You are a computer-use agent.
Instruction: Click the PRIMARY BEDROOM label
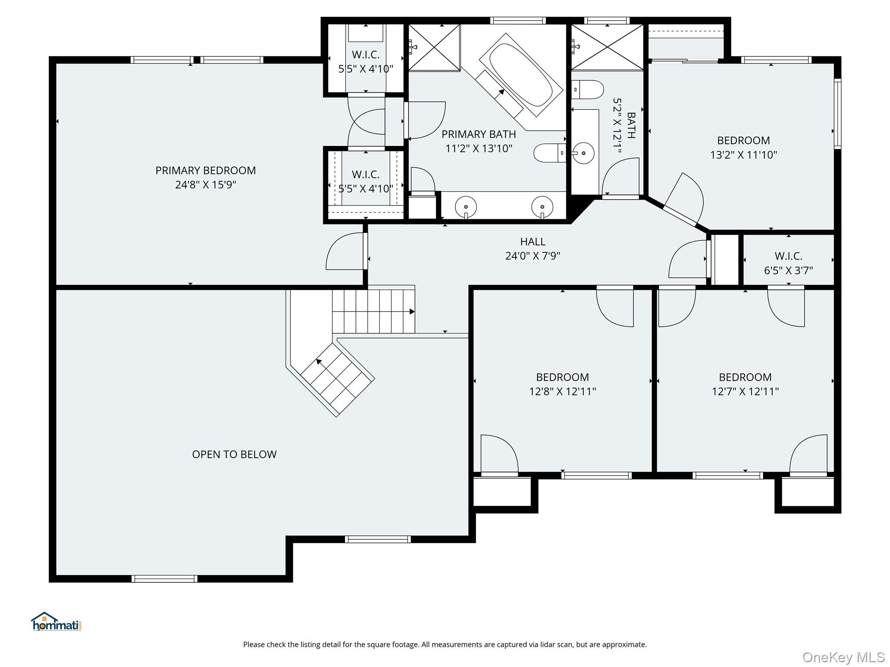(206, 170)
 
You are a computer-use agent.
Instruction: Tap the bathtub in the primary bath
(521, 75)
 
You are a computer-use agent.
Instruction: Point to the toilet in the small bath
(588, 89)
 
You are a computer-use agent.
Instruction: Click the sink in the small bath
(582, 153)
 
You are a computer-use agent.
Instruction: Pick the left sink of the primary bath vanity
(465, 205)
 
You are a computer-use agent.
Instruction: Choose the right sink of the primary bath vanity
(542, 205)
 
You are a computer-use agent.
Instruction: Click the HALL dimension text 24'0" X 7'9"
(532, 256)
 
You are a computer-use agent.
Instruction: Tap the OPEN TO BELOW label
(234, 454)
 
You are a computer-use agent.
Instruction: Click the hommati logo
(56, 621)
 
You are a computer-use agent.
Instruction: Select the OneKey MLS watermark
(844, 657)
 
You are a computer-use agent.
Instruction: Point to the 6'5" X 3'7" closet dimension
(788, 271)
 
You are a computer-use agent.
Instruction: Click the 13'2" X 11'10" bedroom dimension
(744, 155)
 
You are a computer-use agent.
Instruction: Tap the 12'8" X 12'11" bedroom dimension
(562, 392)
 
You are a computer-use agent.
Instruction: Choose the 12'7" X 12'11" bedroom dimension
(745, 392)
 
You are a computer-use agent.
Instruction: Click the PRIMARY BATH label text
(479, 134)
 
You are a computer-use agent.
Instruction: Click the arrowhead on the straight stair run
(412, 311)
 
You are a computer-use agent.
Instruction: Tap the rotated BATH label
(631, 125)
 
